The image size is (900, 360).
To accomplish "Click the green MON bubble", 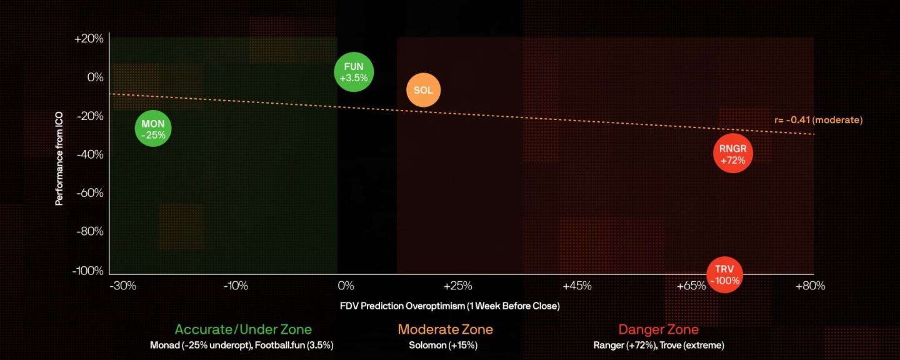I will click(x=153, y=129).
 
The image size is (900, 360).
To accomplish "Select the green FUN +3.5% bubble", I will click(x=354, y=72).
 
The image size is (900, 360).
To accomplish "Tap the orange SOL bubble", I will click(x=423, y=90).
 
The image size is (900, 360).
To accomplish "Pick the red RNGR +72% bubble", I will click(x=732, y=154).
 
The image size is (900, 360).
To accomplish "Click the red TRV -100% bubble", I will click(x=724, y=274).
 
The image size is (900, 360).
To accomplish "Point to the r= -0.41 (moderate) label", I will click(x=818, y=120).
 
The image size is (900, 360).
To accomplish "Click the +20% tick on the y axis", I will click(x=89, y=39).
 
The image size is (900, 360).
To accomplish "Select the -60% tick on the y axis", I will click(x=89, y=193).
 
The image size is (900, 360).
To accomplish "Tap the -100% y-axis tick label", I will click(x=87, y=271).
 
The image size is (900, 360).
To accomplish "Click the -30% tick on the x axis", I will click(x=122, y=286).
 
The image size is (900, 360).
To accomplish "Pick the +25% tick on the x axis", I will click(x=457, y=286).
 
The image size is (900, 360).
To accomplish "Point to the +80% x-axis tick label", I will click(x=810, y=286).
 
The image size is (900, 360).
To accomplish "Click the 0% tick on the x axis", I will click(x=346, y=286).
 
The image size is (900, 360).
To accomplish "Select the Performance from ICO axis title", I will click(x=59, y=155).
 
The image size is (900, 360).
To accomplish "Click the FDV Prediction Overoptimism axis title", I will click(x=449, y=306).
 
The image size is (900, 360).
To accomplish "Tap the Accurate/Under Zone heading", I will click(x=243, y=329).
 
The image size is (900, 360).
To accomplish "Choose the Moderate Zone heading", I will click(x=445, y=329).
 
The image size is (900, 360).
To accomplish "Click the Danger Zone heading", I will click(x=658, y=329).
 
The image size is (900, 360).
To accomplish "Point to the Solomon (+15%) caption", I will click(x=445, y=345).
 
